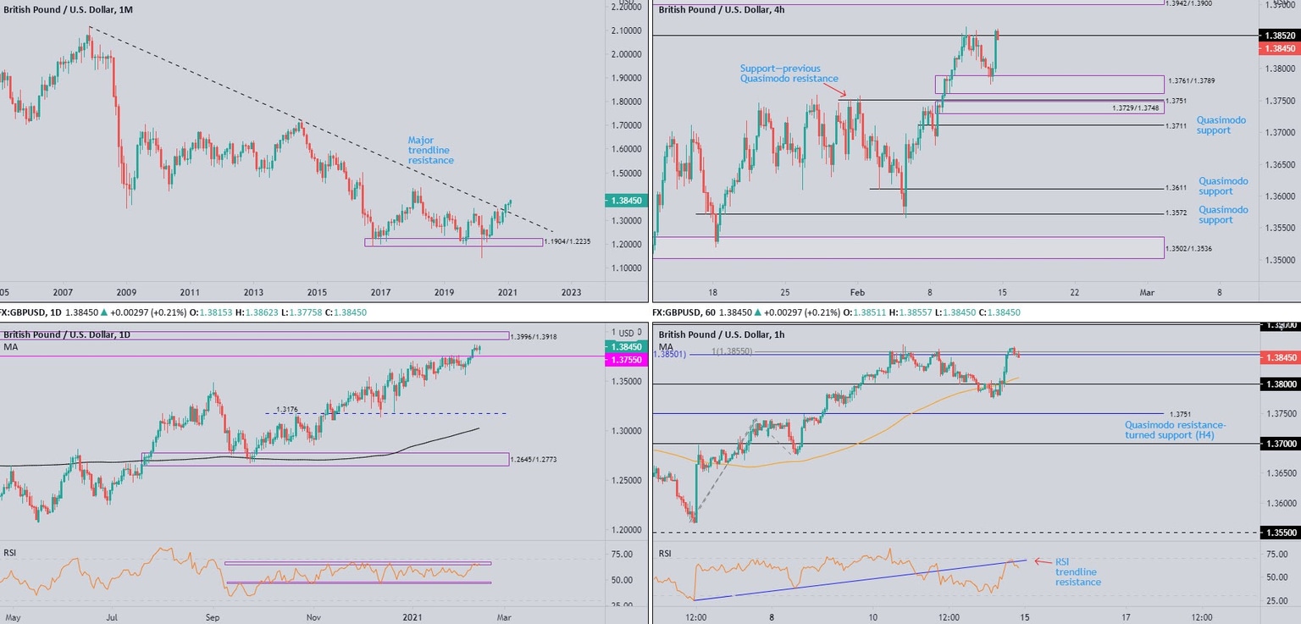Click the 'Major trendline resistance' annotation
click(430, 150)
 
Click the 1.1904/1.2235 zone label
click(567, 241)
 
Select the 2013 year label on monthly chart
click(253, 292)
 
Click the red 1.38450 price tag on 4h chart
click(1280, 49)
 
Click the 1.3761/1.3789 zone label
click(1190, 80)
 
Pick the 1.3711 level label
click(1175, 126)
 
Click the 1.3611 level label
click(1175, 189)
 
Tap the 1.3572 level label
click(1175, 213)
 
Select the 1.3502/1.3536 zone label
click(1189, 248)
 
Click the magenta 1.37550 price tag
click(625, 360)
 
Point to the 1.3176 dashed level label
click(287, 410)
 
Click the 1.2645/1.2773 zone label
click(534, 460)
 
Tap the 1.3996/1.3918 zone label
click(534, 336)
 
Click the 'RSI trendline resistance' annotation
click(1077, 572)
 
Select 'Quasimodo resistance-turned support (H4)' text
click(1175, 429)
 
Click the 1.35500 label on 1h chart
click(1280, 533)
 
